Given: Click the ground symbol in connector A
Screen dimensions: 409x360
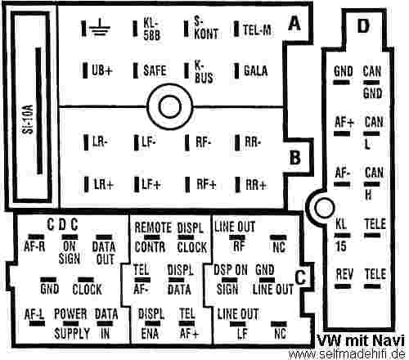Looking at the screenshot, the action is point(100,29).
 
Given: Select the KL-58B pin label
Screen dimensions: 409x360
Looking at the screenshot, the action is point(151,29).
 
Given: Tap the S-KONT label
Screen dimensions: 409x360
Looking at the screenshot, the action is point(206,28).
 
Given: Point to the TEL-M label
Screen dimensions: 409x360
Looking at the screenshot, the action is point(257,29).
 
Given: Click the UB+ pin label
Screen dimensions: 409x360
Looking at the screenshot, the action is point(102,70).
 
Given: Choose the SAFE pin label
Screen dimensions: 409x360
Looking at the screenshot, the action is point(155,70).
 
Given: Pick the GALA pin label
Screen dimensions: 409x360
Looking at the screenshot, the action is point(255,71).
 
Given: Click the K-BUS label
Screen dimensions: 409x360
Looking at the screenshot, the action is point(204,71).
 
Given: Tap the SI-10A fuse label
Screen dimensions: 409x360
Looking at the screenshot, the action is point(28,119).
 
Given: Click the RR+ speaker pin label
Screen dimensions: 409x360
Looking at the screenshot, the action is point(255,185).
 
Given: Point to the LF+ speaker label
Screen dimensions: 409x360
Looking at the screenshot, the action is point(151,184).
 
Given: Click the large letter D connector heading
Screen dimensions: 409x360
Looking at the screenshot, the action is point(363,26).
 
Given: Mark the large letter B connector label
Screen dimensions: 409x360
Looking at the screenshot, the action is point(295,157).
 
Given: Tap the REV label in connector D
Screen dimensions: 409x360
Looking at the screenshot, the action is point(344,274).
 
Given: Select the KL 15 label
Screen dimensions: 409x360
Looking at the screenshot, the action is point(341,235).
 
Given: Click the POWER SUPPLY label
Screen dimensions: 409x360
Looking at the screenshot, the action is point(71,324).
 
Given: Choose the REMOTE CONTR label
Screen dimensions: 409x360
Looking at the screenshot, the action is point(152,237).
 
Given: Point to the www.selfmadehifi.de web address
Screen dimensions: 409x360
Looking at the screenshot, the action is point(347,354).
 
